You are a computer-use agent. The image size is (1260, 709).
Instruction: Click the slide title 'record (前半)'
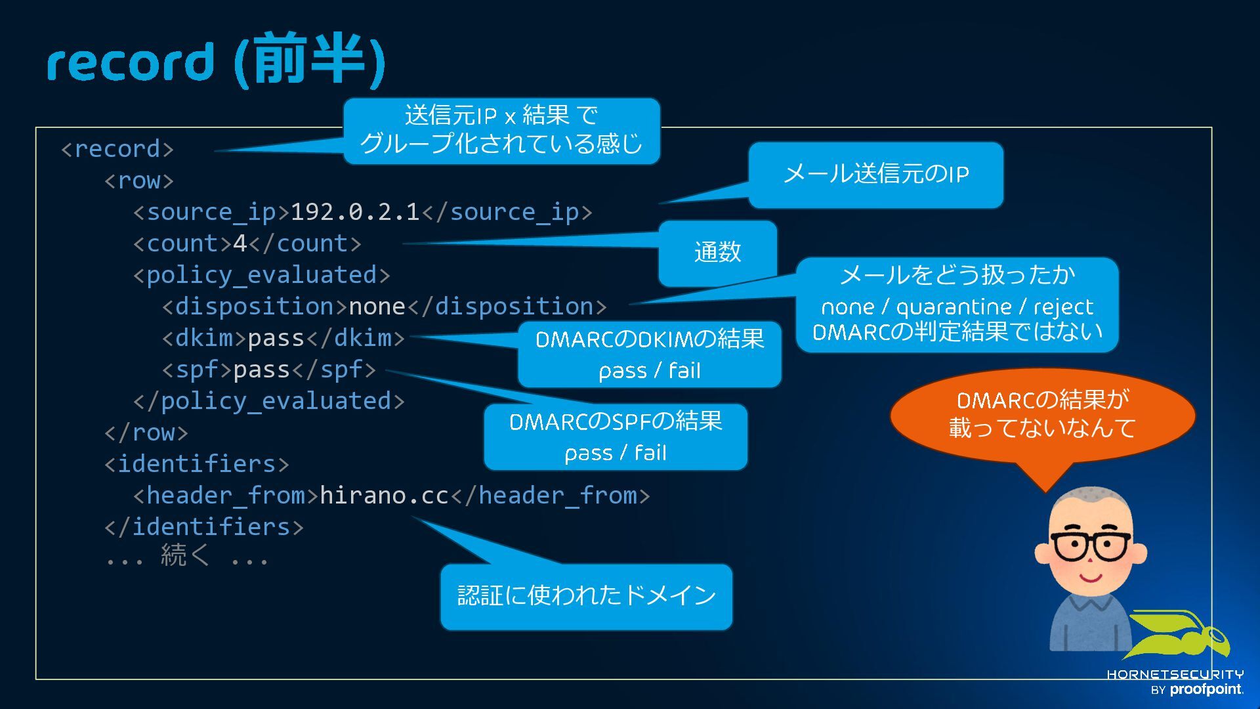tap(215, 60)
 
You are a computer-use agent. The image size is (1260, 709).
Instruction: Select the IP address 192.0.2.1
tap(354, 212)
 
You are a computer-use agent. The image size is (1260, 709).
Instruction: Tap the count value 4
tap(240, 244)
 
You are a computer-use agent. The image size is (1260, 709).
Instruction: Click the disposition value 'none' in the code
tap(377, 307)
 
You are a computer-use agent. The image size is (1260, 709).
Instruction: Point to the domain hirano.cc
tap(384, 496)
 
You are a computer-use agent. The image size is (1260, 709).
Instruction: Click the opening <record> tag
tap(117, 149)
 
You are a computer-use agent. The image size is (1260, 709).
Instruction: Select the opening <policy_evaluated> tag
tap(261, 275)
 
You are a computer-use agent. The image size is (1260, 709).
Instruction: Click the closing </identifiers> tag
tap(204, 527)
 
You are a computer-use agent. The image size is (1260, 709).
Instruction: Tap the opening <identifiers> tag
tap(196, 464)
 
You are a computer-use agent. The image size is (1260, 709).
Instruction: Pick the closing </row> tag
tap(146, 433)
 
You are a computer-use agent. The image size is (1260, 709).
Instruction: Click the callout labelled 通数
tap(717, 253)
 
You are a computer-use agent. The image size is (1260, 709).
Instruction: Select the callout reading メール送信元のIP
tap(875, 175)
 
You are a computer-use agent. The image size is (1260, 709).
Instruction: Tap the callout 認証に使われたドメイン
tap(586, 596)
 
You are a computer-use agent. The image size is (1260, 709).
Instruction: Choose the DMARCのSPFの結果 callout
tap(616, 437)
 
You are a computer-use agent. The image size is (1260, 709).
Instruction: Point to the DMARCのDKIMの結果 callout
tap(650, 354)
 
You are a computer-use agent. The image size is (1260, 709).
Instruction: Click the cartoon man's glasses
tap(1091, 545)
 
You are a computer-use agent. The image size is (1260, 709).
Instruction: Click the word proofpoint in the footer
tap(1206, 689)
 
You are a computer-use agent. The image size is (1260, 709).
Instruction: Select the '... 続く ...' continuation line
tap(187, 557)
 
